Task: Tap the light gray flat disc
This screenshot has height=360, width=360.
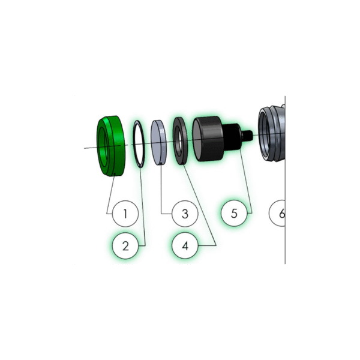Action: pyautogui.click(x=158, y=142)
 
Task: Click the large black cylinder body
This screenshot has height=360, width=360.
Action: pyautogui.click(x=209, y=139)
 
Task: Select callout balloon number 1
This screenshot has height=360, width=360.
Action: pyautogui.click(x=125, y=214)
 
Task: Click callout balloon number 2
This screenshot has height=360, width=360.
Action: pyautogui.click(x=125, y=246)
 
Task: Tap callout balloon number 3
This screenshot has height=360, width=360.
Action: pyautogui.click(x=185, y=214)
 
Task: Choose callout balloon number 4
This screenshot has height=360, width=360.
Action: pyautogui.click(x=185, y=246)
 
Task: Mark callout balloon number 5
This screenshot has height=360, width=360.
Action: pyautogui.click(x=234, y=213)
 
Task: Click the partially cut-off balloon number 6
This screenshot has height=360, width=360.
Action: pyautogui.click(x=277, y=213)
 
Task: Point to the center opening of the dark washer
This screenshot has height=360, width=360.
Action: pyautogui.click(x=178, y=140)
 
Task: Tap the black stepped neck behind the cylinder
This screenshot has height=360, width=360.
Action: pyautogui.click(x=233, y=137)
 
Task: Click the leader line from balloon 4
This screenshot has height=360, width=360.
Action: pyautogui.click(x=199, y=205)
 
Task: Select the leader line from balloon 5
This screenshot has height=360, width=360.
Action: pyautogui.click(x=246, y=181)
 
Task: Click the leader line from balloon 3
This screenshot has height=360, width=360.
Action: pyautogui.click(x=161, y=189)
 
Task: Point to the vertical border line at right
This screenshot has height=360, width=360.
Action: pyautogui.click(x=285, y=180)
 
